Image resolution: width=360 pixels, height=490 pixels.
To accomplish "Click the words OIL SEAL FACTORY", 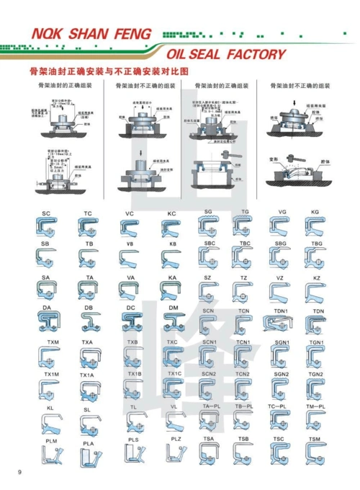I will tap(226, 55).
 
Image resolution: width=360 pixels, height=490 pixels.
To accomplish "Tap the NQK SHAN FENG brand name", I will tap(91, 34).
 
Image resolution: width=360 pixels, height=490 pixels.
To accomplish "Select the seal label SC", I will tap(46, 214).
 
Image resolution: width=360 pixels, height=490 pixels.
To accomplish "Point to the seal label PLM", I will tap(51, 440).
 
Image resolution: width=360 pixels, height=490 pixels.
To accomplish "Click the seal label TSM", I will tap(315, 439).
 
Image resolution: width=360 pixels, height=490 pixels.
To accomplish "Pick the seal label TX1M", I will tap(51, 375).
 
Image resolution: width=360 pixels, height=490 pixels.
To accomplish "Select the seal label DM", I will tap(173, 308).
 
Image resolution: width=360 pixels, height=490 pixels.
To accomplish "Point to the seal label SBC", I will tap(210, 244).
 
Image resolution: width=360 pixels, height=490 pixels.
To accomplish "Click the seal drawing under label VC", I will tap(130, 228).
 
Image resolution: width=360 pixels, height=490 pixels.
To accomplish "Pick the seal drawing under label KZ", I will tap(315, 292).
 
